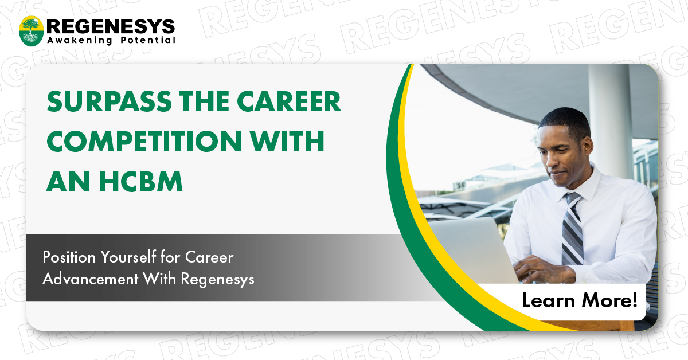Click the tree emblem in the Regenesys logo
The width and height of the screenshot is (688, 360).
click(x=31, y=31)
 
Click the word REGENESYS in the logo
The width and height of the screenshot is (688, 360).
click(x=111, y=26)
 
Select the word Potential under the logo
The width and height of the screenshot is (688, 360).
click(x=148, y=40)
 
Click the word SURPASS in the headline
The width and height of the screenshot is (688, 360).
click(x=109, y=101)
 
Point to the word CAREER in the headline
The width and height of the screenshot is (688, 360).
click(x=289, y=101)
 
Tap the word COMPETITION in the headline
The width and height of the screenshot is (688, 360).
click(x=144, y=141)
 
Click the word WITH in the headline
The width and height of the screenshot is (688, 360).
click(x=287, y=141)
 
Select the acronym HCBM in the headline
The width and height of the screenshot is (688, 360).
click(x=141, y=182)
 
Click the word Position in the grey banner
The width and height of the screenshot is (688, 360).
click(x=69, y=257)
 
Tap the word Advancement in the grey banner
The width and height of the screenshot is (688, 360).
click(x=91, y=279)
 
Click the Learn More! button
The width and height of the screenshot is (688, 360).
click(x=580, y=300)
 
